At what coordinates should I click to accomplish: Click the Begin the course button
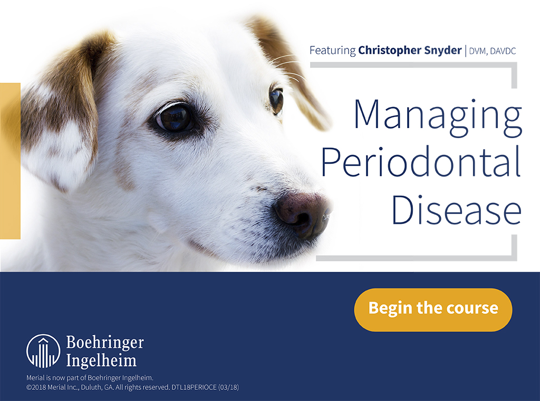pos(433,310)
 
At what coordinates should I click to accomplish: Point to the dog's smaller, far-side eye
pos(276,101)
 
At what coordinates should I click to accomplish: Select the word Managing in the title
pos(438,118)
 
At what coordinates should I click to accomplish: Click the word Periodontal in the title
pos(421,161)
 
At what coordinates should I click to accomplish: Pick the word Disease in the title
pos(457,209)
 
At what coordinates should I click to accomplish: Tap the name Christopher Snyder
pos(410,50)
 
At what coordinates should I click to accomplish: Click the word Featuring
pos(332,51)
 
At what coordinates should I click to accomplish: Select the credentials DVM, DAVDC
pos(493,51)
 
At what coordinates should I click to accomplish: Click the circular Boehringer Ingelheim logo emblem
pos(43,351)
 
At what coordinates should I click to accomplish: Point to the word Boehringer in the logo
pos(105,343)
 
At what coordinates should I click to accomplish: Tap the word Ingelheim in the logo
pos(101,360)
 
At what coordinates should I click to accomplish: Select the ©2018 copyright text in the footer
pos(98,387)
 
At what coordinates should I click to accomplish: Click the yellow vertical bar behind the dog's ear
pos(11,161)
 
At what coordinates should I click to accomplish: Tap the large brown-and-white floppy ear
pos(62,114)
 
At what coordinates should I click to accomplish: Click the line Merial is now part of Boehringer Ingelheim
pos(90,378)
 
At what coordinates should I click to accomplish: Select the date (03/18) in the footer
pos(228,387)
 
